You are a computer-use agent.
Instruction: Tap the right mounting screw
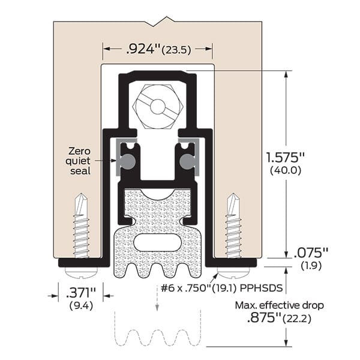(x=233, y=225)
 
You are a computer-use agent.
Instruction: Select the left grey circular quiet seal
(x=127, y=161)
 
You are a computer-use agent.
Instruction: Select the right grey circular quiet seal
(x=188, y=161)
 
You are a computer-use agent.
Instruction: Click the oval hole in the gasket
(x=158, y=244)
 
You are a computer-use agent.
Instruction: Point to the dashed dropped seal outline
(x=158, y=338)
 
